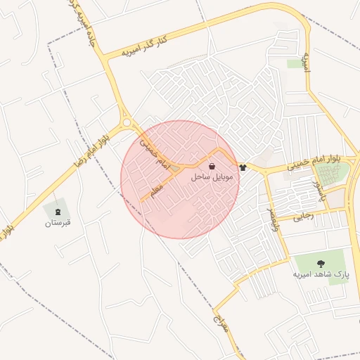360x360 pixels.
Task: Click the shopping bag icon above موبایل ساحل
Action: (x=212, y=167)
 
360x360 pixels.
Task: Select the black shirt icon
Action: (x=243, y=167)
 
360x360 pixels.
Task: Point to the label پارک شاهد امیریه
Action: (x=321, y=274)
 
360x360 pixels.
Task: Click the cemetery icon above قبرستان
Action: (x=58, y=212)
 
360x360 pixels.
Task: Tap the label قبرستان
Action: (x=58, y=223)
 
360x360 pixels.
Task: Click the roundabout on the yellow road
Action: (x=127, y=123)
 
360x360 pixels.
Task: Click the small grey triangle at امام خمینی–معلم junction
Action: (x=174, y=169)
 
